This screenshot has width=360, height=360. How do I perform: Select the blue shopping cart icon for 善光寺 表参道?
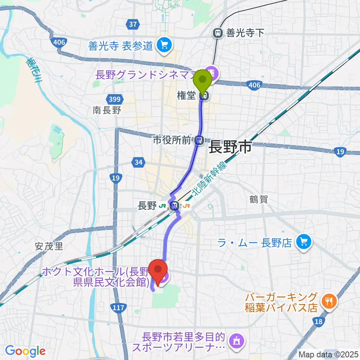click(164, 45)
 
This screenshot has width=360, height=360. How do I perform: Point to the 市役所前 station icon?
click(199, 141)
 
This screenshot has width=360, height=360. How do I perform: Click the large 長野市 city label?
click(229, 147)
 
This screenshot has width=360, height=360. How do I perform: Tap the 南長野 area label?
click(106, 110)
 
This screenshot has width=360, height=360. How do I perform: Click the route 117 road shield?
click(118, 307)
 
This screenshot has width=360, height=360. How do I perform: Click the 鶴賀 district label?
click(259, 199)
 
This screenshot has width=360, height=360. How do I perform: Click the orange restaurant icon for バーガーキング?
click(329, 301)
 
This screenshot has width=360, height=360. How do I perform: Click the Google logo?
click(25, 351)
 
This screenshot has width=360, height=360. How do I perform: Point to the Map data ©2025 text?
click(328, 354)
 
